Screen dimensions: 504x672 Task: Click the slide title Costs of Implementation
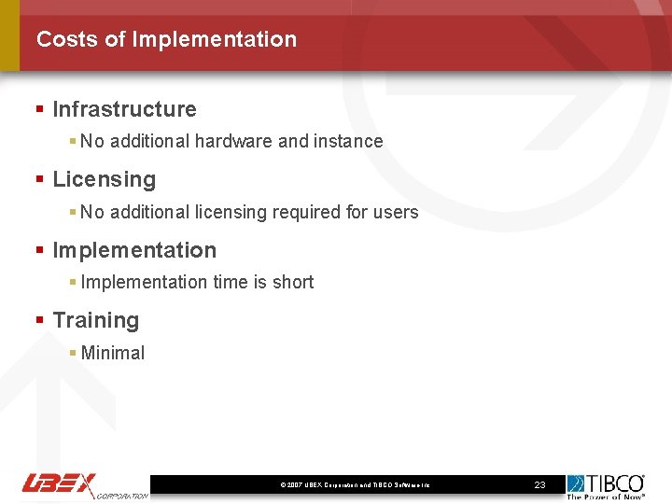[166, 39]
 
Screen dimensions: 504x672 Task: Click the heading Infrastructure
[124, 109]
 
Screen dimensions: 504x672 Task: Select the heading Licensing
[104, 179]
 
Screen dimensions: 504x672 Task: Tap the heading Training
[95, 320]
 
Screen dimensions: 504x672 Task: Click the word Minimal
[113, 353]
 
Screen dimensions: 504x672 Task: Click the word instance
[347, 141]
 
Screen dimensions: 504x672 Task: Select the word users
[396, 212]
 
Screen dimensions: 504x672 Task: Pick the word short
[293, 282]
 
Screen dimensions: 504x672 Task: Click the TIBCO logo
[606, 485]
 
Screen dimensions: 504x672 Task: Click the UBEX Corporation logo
[85, 484]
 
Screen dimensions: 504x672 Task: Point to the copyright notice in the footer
[355, 485]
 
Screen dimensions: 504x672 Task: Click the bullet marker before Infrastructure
[39, 109]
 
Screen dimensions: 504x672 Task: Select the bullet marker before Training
[39, 320]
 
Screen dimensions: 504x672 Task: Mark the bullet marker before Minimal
[73, 353]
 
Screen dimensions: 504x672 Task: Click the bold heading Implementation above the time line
[134, 250]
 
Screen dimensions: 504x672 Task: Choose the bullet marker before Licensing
[39, 179]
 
